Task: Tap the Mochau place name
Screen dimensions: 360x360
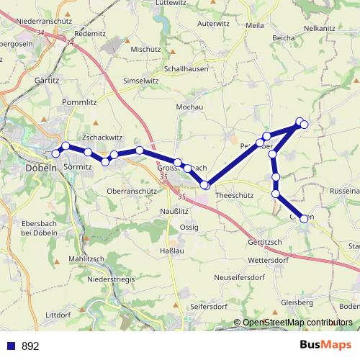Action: pos(189,107)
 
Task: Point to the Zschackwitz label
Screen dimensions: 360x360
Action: pos(103,136)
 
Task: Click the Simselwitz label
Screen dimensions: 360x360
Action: pos(141,81)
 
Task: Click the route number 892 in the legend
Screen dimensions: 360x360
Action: pos(30,346)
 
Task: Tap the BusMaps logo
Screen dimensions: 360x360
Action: pos(326,345)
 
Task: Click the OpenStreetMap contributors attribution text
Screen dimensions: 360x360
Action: pos(297,323)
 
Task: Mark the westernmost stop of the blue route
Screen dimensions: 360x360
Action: pos(55,153)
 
